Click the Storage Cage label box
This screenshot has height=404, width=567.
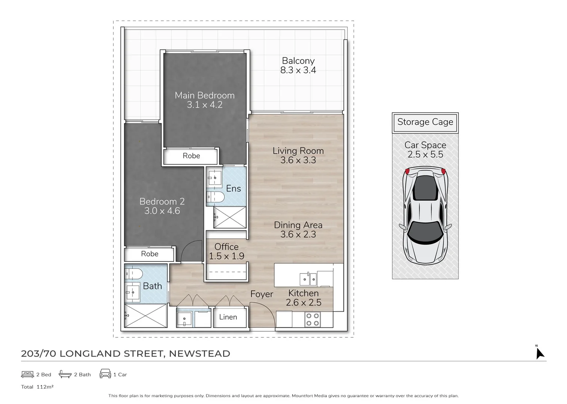click(x=425, y=122)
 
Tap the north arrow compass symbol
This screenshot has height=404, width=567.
click(x=539, y=353)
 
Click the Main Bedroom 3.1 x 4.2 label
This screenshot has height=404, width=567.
click(x=205, y=100)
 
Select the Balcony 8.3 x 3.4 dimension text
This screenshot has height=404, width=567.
click(x=298, y=70)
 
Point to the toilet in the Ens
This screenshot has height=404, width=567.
click(x=215, y=197)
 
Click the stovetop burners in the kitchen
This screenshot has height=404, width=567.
click(x=312, y=319)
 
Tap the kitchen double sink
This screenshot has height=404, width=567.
click(x=308, y=279)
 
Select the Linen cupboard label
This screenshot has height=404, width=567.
click(x=228, y=317)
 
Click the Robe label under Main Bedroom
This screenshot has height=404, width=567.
click(x=191, y=156)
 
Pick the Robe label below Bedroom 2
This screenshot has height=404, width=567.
click(x=150, y=254)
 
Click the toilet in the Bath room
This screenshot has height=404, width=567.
click(x=133, y=274)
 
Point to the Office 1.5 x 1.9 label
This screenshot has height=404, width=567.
click(x=226, y=251)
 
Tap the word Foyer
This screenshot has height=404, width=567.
click(x=262, y=294)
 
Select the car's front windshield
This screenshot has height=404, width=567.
click(x=425, y=230)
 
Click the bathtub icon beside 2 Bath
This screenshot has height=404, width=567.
click(x=65, y=374)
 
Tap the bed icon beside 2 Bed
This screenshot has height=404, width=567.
click(x=28, y=374)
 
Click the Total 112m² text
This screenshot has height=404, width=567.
click(x=37, y=387)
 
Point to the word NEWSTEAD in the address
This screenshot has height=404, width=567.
click(x=199, y=354)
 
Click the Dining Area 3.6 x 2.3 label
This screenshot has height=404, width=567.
click(x=298, y=230)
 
